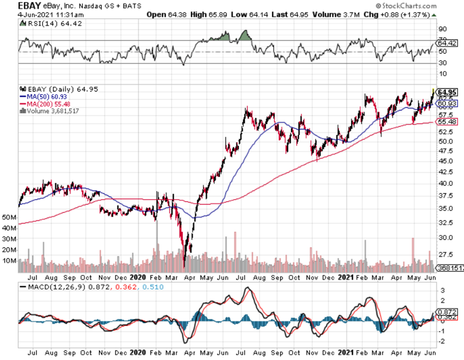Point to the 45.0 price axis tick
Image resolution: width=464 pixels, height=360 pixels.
445,161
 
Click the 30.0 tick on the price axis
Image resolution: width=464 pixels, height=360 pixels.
445,238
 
